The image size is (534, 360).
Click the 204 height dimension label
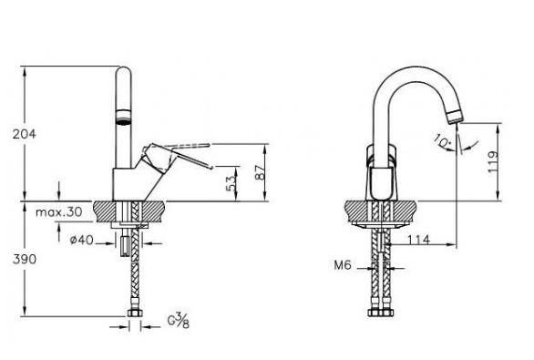pyautogui.click(x=25, y=134)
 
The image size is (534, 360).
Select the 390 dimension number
pyautogui.click(x=25, y=259)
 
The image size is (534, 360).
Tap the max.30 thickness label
pyautogui.click(x=59, y=212)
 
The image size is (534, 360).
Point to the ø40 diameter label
pyautogui.click(x=81, y=240)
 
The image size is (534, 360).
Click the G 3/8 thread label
pyautogui.click(x=178, y=320)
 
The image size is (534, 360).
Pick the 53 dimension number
pyautogui.click(x=231, y=183)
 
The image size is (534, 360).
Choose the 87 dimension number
pyautogui.click(x=260, y=172)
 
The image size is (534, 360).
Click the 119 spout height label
pyautogui.click(x=493, y=162)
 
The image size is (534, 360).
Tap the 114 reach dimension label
pyautogui.click(x=418, y=240)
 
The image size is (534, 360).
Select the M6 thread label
pyautogui.click(x=343, y=264)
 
